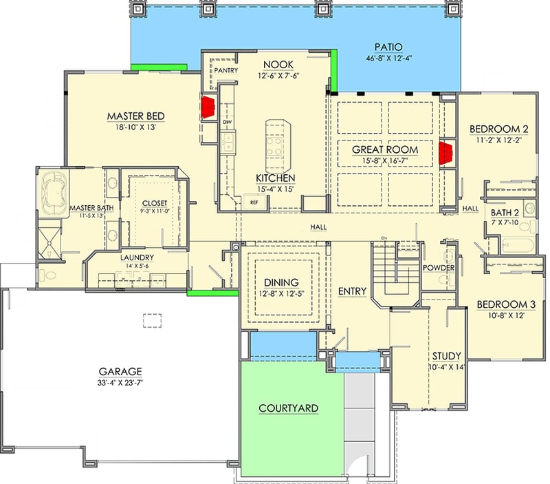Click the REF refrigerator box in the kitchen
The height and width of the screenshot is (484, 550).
coord(254,202)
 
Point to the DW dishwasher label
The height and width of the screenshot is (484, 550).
coord(227,122)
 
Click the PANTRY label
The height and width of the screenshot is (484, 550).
coord(225,70)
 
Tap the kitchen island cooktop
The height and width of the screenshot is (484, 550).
coord(276,144)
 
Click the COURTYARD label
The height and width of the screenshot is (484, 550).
coord(288,408)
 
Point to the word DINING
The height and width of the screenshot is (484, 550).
coord(281,282)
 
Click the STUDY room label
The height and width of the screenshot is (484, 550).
coord(447,356)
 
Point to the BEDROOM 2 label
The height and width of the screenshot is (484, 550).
coord(498,129)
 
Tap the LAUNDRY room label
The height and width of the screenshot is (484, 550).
coord(136,258)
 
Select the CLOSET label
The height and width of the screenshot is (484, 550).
coord(155,204)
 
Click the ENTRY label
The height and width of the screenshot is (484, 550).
coord(352,291)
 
